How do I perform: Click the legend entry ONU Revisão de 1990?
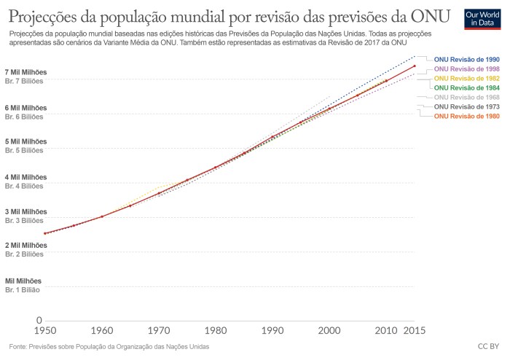[466, 59]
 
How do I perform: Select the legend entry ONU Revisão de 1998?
[466, 69]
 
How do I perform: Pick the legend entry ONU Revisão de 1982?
[466, 78]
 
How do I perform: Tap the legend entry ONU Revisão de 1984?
[466, 87]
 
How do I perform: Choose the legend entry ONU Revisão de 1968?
[466, 97]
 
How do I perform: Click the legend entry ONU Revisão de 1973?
[466, 106]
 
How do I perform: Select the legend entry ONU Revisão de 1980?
[466, 116]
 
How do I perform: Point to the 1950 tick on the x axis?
[45, 330]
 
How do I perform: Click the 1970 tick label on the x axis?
[159, 330]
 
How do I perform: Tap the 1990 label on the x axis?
[272, 330]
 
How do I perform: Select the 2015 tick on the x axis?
[414, 330]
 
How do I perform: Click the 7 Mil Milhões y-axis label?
[25, 72]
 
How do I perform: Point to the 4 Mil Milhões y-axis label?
[25, 176]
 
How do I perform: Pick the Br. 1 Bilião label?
[24, 289]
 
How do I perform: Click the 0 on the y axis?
[39, 320]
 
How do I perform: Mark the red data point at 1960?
[102, 216]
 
